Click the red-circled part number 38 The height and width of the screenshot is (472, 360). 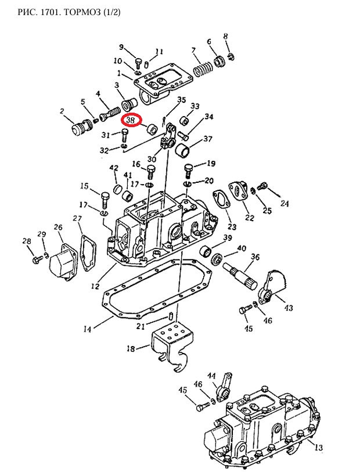tap(131, 120)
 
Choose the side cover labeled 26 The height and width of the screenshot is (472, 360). tap(63, 261)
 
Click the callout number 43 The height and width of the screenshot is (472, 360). tap(288, 308)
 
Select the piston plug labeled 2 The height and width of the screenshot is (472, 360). tap(81, 128)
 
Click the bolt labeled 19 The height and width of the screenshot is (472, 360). tap(189, 171)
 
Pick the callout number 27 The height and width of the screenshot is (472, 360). tap(77, 218)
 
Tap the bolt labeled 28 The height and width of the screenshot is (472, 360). tap(36, 258)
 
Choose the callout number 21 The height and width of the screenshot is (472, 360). tap(140, 326)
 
